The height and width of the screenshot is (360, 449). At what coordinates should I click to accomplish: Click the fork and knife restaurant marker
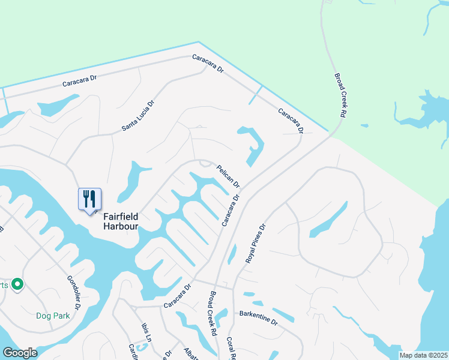[89, 199]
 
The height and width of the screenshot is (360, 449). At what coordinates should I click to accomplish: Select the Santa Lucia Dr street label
[138, 115]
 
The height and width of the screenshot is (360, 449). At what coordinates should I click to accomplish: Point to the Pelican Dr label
[228, 176]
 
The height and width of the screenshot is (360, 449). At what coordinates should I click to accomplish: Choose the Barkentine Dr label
[259, 317]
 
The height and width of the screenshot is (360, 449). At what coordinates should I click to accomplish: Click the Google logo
[20, 353]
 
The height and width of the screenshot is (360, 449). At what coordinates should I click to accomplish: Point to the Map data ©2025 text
[423, 355]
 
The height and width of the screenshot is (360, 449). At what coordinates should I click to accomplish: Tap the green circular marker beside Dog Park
[17, 284]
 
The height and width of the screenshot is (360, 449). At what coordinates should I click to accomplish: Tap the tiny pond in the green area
[364, 126]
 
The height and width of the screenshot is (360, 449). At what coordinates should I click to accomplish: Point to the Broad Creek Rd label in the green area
[340, 95]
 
